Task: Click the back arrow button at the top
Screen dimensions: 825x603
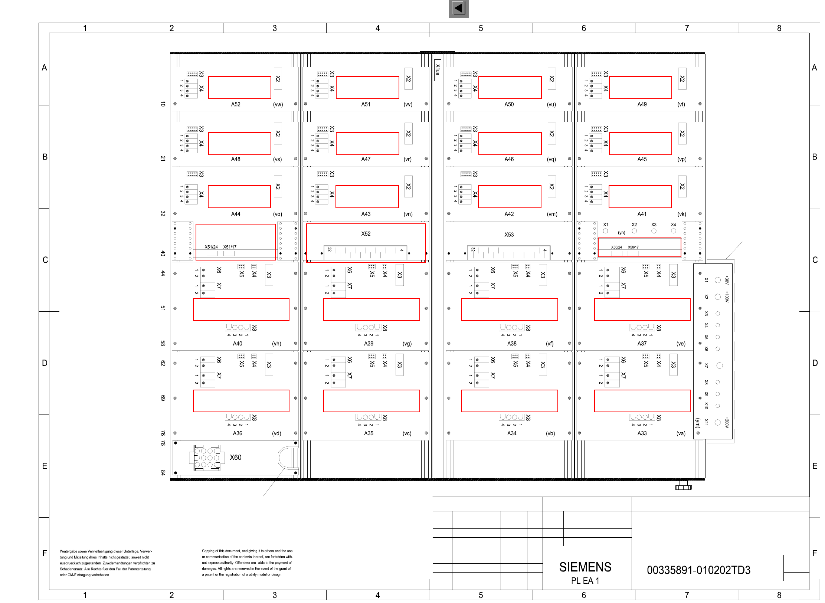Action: (458, 8)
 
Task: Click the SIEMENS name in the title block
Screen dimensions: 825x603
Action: (585, 567)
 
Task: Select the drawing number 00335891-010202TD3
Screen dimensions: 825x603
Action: (698, 570)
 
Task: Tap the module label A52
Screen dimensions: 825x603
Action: (236, 104)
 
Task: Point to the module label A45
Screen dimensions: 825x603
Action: (642, 159)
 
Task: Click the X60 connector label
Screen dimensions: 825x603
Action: (235, 457)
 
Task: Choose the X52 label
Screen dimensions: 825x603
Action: (366, 234)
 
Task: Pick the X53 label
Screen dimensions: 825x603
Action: (509, 235)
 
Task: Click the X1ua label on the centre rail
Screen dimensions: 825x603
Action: (438, 70)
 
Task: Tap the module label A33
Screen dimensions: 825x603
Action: (642, 433)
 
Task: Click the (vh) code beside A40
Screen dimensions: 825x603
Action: (276, 344)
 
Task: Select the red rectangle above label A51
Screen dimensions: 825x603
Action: (367, 88)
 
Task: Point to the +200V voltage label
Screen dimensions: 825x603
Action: (727, 422)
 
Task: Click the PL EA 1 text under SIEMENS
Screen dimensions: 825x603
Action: (585, 581)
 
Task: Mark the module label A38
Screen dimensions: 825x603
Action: (512, 344)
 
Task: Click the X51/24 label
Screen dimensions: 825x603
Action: (211, 247)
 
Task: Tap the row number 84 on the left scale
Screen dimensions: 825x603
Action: (163, 472)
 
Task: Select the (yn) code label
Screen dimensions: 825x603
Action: (621, 233)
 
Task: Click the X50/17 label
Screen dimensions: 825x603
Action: (633, 247)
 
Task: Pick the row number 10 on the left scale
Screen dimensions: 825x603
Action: (163, 104)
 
